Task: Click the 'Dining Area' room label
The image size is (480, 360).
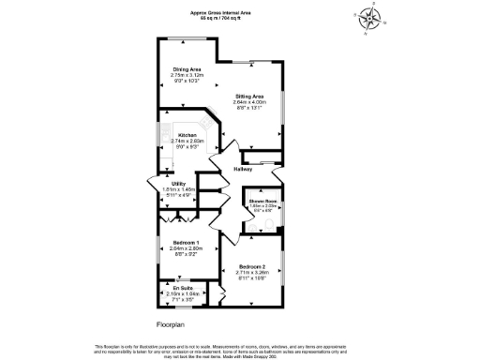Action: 187,69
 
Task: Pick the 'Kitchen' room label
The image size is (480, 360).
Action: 187,135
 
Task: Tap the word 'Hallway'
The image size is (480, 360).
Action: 256,168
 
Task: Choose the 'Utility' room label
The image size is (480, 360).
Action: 165,184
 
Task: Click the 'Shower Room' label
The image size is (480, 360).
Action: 262,202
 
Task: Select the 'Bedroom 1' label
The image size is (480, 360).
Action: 187,242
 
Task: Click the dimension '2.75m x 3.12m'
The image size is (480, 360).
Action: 187,75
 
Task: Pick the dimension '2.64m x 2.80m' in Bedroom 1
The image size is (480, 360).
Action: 187,247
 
